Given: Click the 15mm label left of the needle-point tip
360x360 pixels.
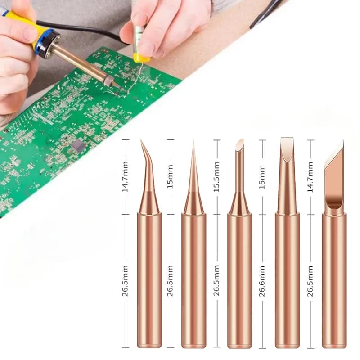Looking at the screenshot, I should [x=170, y=176].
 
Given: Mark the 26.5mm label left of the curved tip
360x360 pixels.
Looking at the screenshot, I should [x=126, y=280].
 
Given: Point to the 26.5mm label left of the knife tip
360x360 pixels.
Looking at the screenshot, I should [x=310, y=280].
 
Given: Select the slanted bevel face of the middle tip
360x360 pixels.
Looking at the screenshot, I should [x=239, y=145].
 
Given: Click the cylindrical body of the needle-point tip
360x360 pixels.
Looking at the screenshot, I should [x=193, y=279].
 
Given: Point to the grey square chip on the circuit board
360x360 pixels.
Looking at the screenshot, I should [x=77, y=145].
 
